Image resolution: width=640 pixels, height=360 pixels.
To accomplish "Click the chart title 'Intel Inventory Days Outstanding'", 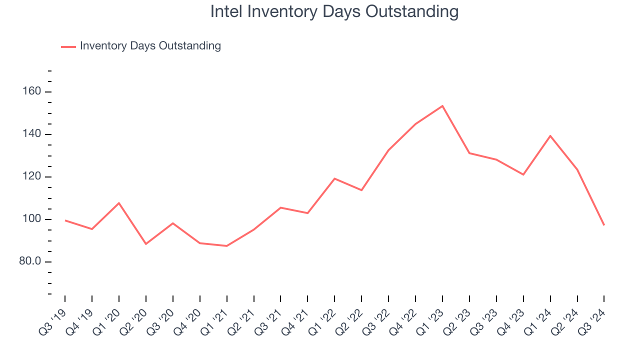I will click(334, 11).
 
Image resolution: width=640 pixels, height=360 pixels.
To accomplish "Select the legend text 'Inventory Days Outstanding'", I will click(150, 46).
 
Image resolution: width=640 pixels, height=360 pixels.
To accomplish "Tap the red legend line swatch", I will click(68, 46).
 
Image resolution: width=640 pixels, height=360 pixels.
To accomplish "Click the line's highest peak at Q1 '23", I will click(442, 106).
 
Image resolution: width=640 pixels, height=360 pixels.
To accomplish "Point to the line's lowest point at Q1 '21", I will click(227, 245).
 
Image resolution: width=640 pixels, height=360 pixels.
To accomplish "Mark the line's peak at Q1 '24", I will click(550, 135).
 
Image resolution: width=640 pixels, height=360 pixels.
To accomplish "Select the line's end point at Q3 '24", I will click(604, 225).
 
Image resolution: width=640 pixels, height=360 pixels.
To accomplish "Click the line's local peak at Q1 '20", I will click(119, 203).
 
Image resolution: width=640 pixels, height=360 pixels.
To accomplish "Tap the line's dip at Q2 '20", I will click(146, 244).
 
